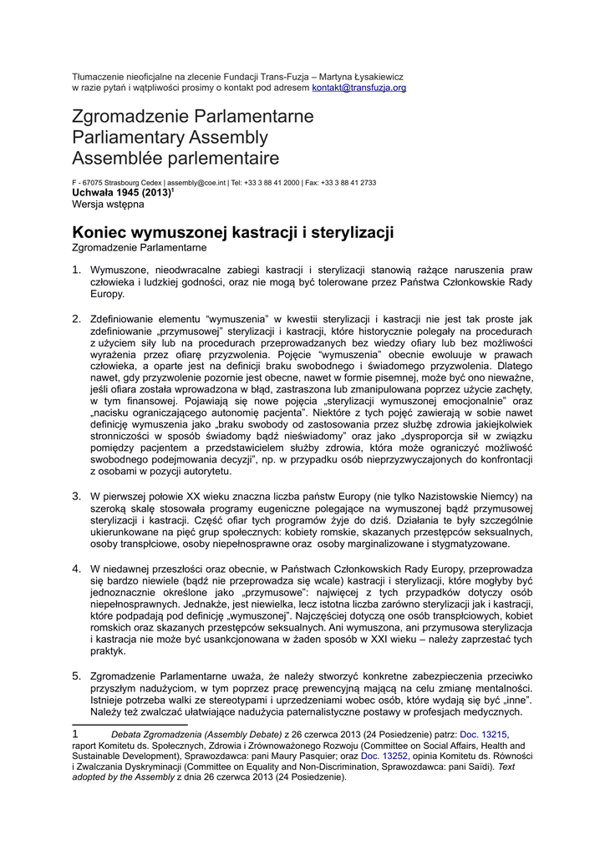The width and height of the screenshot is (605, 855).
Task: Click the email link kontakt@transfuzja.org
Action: click(x=358, y=88)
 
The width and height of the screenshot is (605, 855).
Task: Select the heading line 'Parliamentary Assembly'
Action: click(x=170, y=137)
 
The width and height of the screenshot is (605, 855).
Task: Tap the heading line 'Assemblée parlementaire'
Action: click(x=175, y=158)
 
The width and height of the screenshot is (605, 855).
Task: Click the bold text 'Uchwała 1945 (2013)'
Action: click(x=121, y=192)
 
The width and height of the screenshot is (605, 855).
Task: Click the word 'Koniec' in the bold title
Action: click(x=103, y=231)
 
